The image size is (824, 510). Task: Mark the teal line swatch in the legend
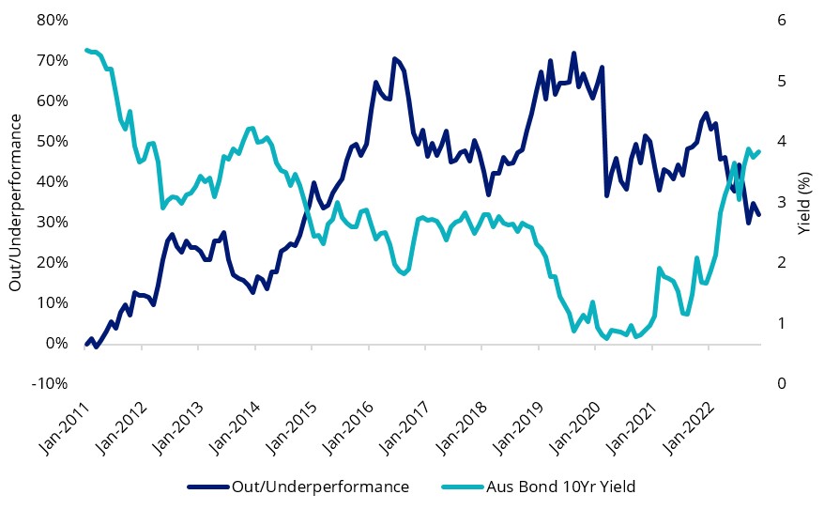click(x=461, y=487)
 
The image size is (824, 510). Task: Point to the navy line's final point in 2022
click(x=759, y=215)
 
